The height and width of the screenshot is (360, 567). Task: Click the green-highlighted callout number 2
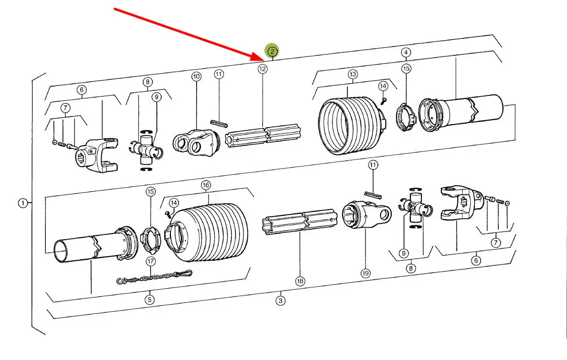[x=272, y=52]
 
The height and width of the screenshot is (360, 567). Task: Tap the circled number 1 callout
[x=23, y=203]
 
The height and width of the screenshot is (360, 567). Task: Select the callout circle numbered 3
[x=280, y=300]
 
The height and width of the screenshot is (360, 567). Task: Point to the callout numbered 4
[x=406, y=53]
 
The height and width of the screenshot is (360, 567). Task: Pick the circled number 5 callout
[x=149, y=299]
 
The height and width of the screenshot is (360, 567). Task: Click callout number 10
[x=196, y=76]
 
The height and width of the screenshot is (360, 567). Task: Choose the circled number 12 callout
[x=262, y=69]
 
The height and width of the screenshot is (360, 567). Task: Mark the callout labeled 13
[x=353, y=74]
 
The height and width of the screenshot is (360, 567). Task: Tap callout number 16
[x=206, y=185]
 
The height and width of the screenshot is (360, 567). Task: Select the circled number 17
[x=150, y=261]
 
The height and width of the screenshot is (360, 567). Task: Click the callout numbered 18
[x=300, y=281]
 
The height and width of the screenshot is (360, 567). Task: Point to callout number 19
[x=365, y=273]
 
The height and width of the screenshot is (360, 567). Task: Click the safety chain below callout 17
[x=155, y=277]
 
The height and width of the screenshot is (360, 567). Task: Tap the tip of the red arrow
[x=265, y=60]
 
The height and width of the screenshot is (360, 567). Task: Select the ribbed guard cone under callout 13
[x=351, y=125]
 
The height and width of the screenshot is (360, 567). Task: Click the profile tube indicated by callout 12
[x=263, y=135]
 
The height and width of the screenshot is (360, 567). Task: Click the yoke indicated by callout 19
[x=367, y=214]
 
